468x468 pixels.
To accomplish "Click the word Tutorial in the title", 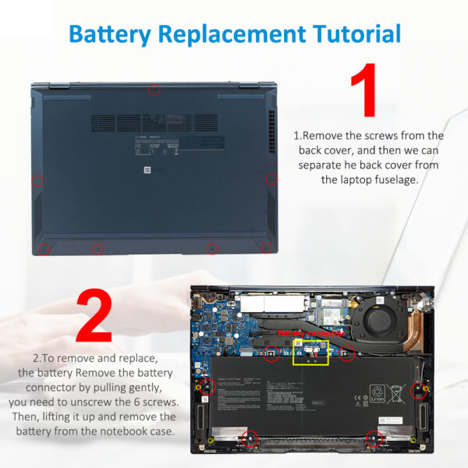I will pos(356,34).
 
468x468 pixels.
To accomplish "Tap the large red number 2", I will pos(94,316).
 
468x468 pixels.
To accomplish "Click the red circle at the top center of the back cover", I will pos(154,90).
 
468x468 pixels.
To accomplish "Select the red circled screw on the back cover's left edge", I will pos(37,181).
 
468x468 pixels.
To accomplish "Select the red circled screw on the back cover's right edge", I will pos(271,179).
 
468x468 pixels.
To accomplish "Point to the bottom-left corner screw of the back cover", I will pos(44,249).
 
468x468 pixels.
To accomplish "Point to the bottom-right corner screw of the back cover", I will pos(267,248).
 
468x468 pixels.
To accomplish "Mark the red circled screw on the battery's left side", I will pos(208,385).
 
